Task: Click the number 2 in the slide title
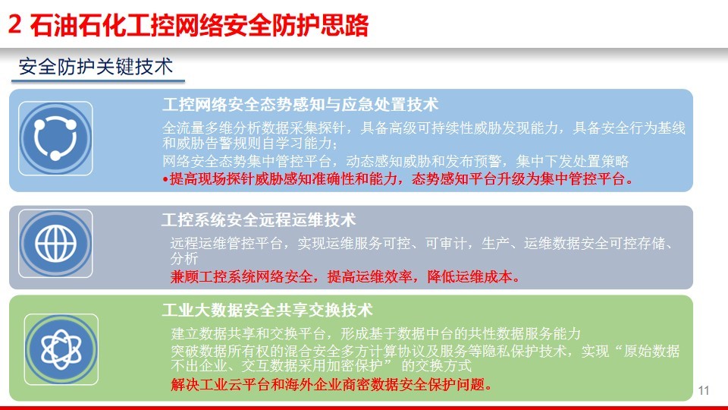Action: (15, 24)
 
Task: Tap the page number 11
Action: (704, 390)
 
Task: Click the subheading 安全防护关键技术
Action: (96, 67)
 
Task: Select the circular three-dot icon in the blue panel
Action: (55, 138)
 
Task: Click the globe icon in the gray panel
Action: (55, 244)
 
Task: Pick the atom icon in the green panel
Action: (61, 349)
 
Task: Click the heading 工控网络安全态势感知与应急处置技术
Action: (300, 104)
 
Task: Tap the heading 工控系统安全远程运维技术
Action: (259, 220)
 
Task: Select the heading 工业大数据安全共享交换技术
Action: (268, 310)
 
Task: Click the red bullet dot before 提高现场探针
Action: (165, 179)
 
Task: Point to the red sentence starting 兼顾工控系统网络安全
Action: (345, 277)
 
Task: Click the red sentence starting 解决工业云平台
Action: (331, 384)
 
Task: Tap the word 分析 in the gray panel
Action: (184, 258)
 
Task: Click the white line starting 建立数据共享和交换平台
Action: (375, 333)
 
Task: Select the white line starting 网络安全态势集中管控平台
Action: (396, 161)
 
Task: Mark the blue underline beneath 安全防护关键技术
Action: (98, 81)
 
